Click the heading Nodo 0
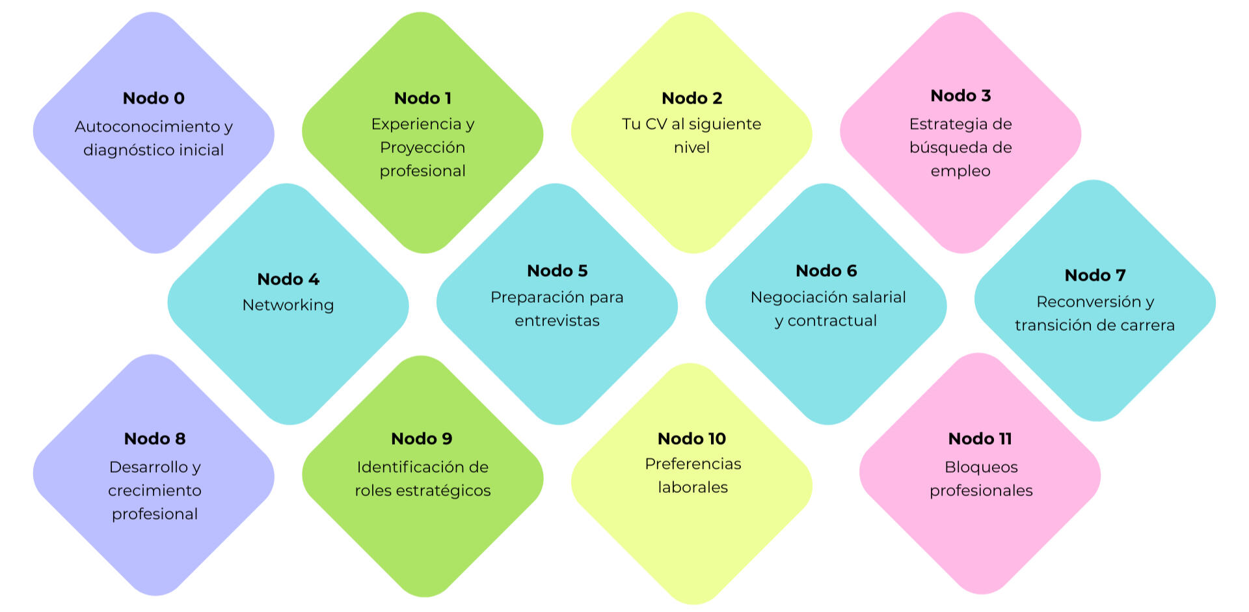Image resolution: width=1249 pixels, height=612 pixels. (154, 98)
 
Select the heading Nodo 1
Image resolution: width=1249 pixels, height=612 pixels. (422, 98)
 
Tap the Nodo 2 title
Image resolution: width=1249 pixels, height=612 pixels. (692, 98)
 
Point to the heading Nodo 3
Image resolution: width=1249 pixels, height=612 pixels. (960, 96)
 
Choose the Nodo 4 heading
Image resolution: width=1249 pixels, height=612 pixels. (288, 279)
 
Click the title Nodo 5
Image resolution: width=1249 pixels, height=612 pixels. (557, 271)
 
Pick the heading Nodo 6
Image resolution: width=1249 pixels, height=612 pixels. (826, 271)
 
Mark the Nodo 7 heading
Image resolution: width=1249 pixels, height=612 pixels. (1095, 275)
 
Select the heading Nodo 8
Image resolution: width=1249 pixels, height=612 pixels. (155, 439)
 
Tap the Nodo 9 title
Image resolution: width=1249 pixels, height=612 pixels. (422, 439)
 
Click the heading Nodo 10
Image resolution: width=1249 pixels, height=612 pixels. (692, 439)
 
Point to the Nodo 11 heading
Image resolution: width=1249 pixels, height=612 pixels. (980, 439)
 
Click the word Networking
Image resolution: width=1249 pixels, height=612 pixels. (288, 305)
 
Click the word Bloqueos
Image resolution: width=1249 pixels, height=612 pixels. (981, 467)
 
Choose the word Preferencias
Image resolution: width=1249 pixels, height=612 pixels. (693, 464)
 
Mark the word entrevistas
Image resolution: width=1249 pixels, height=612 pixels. (557, 320)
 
